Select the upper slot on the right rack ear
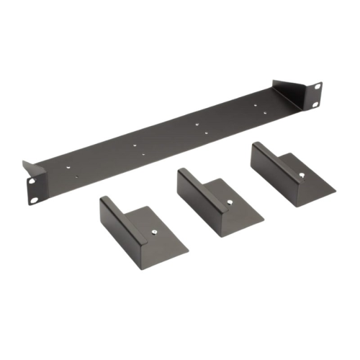pyautogui.click(x=316, y=87)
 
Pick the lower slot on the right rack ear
pyautogui.click(x=316, y=104)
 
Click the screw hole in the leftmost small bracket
pyautogui.click(x=156, y=231)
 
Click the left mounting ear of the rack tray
pyautogui.click(x=35, y=189)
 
